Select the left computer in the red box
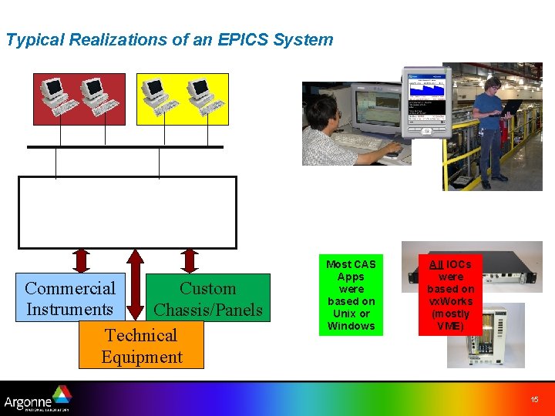[56, 96]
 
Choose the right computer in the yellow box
[203, 96]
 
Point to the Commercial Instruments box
[70, 298]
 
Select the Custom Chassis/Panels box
[208, 298]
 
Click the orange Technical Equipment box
[141, 345]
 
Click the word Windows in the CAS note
[351, 326]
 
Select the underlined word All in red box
[436, 264]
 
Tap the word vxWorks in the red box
[451, 301]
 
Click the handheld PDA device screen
[425, 96]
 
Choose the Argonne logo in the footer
[37, 399]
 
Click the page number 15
[534, 399]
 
